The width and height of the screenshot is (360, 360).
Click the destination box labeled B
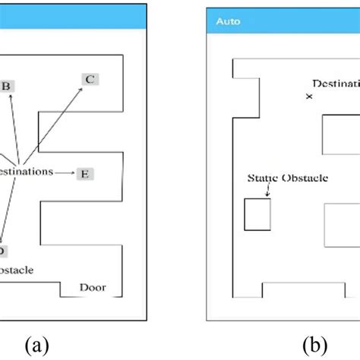(x=5, y=86)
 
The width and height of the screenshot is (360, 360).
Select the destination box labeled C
(x=90, y=78)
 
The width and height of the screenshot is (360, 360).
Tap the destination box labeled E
(x=85, y=174)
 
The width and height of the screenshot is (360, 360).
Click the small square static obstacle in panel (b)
(x=257, y=213)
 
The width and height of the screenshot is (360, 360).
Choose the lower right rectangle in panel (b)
(x=341, y=226)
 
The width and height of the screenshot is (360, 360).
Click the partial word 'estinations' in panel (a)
(x=27, y=171)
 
